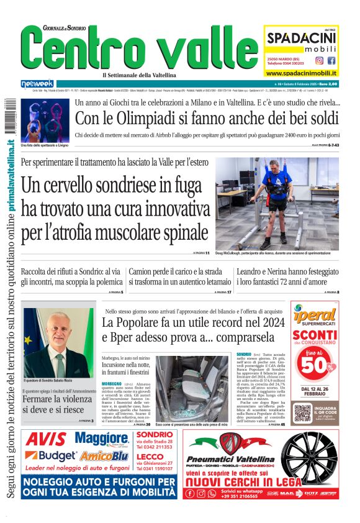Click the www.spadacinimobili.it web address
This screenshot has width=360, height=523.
click(x=302, y=73)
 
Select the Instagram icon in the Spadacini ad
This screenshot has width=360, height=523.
click(x=319, y=61)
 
